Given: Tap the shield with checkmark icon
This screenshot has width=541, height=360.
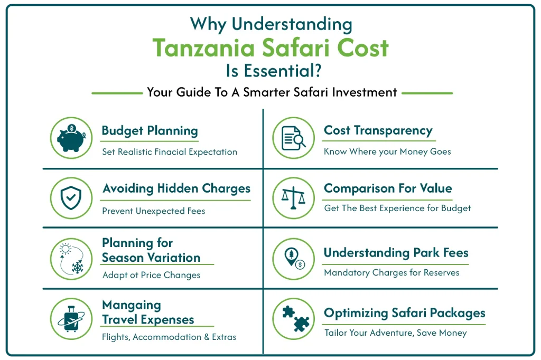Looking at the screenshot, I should (x=71, y=198).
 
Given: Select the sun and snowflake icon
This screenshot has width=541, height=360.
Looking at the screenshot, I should (x=71, y=259).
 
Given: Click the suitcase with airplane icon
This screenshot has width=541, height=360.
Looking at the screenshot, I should (x=71, y=319).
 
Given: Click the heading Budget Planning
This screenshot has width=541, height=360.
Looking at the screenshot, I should (x=150, y=131).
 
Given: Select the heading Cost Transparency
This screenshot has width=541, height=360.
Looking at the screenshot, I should (x=378, y=131).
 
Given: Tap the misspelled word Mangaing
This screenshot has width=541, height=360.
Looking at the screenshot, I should (x=131, y=305).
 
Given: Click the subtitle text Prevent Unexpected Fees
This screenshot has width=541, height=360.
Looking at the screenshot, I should (x=153, y=211).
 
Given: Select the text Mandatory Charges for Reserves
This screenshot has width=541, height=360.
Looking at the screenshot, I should (x=391, y=273).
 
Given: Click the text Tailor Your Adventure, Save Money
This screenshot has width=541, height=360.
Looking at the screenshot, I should (x=395, y=333).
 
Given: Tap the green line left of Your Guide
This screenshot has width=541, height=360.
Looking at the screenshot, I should (x=116, y=93).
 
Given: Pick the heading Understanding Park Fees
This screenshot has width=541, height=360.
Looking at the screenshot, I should (x=396, y=253).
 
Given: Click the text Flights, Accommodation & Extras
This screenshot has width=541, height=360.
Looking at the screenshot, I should (x=169, y=337).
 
